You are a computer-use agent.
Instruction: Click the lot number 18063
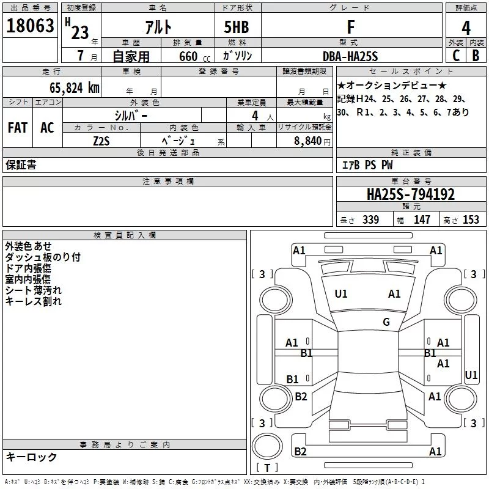click(x=30, y=26)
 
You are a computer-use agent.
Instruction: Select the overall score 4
click(x=466, y=28)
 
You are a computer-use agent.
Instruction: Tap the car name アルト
click(x=158, y=27)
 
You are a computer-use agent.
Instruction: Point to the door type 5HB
click(x=237, y=27)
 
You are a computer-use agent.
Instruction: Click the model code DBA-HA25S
click(x=350, y=56)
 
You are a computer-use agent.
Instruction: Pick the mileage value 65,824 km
click(x=75, y=88)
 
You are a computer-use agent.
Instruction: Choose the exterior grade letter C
click(x=456, y=56)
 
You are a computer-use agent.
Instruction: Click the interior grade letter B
click(x=476, y=56)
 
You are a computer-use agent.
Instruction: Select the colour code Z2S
click(x=101, y=141)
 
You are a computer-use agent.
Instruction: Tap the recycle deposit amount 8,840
click(x=308, y=141)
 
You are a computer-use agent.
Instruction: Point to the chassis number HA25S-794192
click(x=411, y=194)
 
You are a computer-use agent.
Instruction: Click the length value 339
click(x=370, y=219)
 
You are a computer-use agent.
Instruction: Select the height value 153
click(x=471, y=219)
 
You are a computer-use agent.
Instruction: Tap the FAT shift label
click(x=18, y=128)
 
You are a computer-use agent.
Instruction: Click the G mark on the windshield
click(x=386, y=322)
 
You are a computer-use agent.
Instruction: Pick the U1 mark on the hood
click(x=341, y=294)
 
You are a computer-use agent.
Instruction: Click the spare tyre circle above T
click(x=267, y=446)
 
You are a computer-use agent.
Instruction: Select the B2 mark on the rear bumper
click(x=300, y=451)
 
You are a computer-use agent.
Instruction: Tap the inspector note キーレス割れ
click(x=34, y=301)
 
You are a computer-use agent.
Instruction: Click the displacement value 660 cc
click(x=194, y=57)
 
